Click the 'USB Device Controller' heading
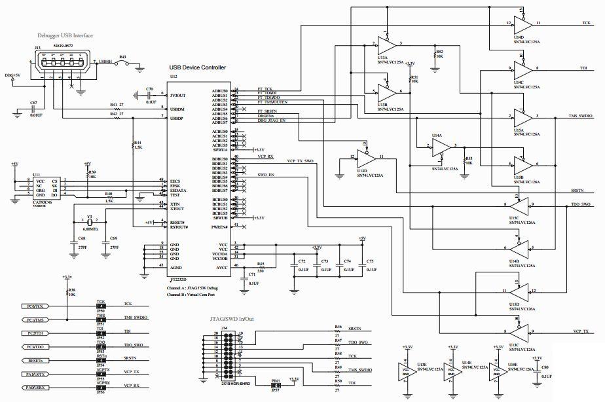pos(197,67)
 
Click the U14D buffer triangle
pos(521,24)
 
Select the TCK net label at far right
pos(587,22)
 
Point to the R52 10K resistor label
pos(439,54)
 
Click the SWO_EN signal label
pos(265,175)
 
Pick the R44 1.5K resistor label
pos(137,145)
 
